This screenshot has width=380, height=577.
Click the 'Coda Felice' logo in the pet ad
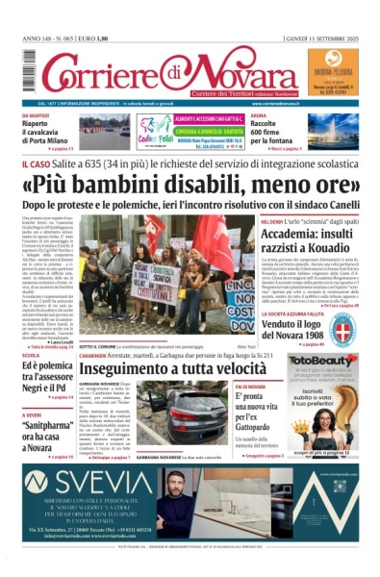(153, 133)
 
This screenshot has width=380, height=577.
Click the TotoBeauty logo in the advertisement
(322, 362)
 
